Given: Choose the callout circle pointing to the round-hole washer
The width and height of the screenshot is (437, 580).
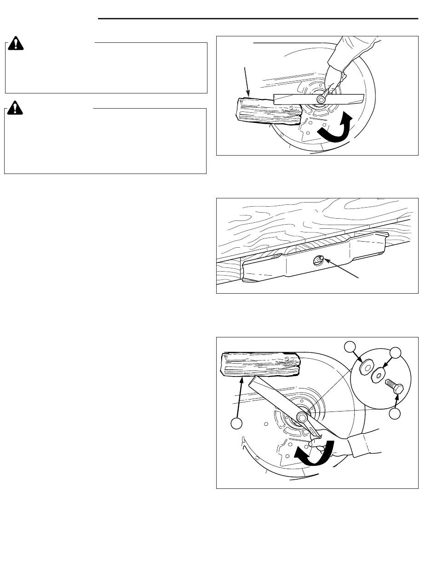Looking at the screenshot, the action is (x=395, y=354).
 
